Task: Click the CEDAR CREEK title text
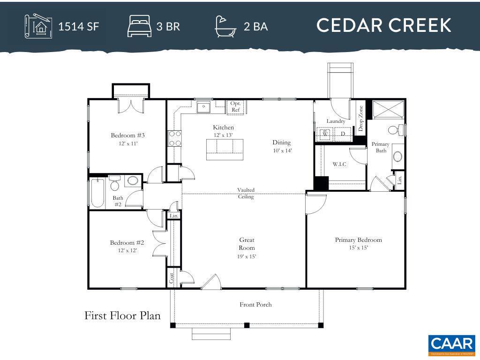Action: [383, 25]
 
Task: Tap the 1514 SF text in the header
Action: [78, 26]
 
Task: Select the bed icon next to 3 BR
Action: [139, 26]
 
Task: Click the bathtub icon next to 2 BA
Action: [225, 26]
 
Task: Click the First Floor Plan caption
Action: [122, 315]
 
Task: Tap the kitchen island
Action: [225, 150]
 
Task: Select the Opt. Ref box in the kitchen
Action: [236, 107]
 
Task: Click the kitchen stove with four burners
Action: [175, 138]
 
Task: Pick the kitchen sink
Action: [203, 108]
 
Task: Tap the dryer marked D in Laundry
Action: [343, 134]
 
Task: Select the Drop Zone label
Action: [360, 118]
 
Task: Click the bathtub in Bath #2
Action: [97, 192]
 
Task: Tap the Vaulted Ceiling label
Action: [246, 193]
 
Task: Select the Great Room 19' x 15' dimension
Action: [247, 256]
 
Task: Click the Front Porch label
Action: [255, 305]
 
